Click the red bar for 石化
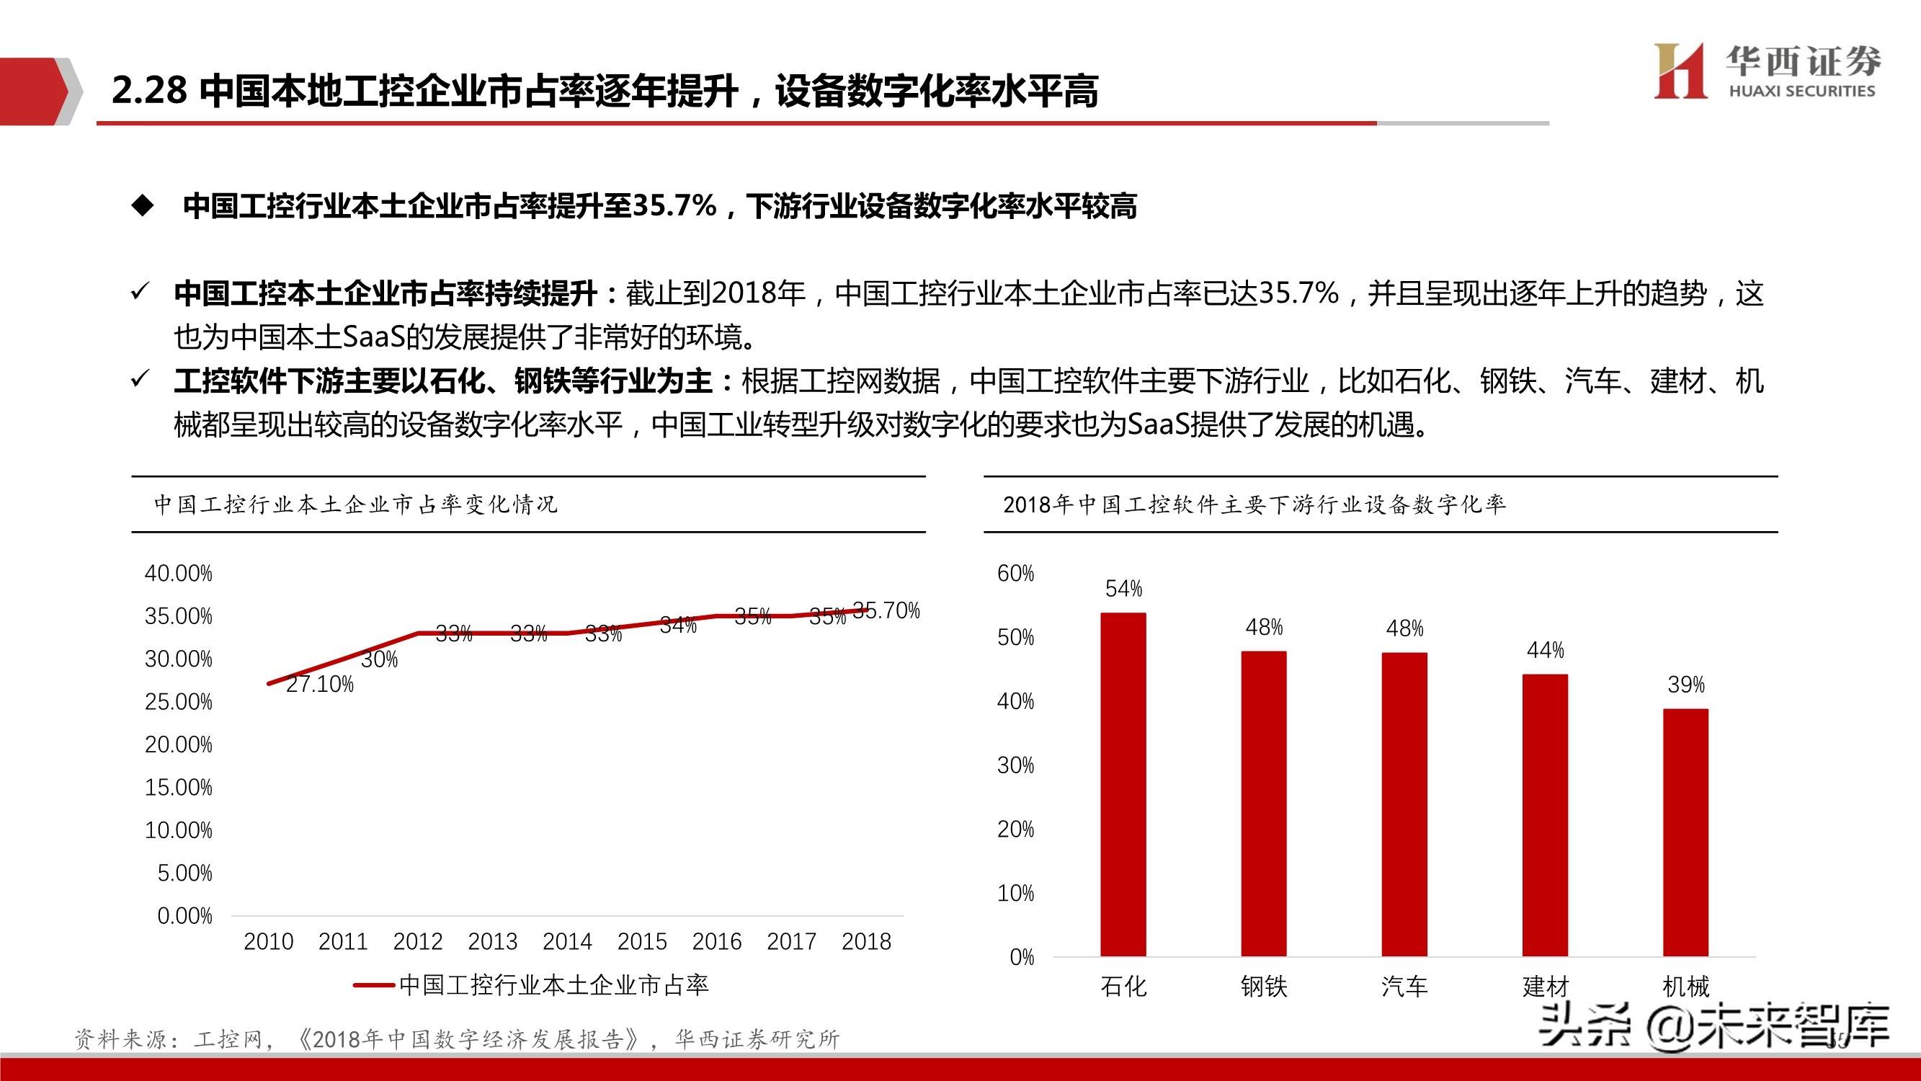pos(1123,783)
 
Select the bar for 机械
pos(1685,832)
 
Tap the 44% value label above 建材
pos(1545,651)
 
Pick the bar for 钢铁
pos(1263,803)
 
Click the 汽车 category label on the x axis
pos(1404,987)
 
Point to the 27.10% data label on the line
pos(320,684)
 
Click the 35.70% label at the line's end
pos(887,610)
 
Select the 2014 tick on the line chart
pos(567,941)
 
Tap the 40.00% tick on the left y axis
pos(178,573)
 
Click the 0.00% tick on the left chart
pos(184,915)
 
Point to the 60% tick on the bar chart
pos(1016,573)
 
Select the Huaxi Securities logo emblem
pos(1680,71)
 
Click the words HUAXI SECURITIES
pos(1801,91)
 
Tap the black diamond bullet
pos(142,206)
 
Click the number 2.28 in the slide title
pos(149,90)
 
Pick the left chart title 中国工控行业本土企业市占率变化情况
pos(356,504)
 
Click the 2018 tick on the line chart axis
pos(866,941)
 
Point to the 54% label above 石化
pos(1123,589)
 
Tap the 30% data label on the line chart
pos(380,659)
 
